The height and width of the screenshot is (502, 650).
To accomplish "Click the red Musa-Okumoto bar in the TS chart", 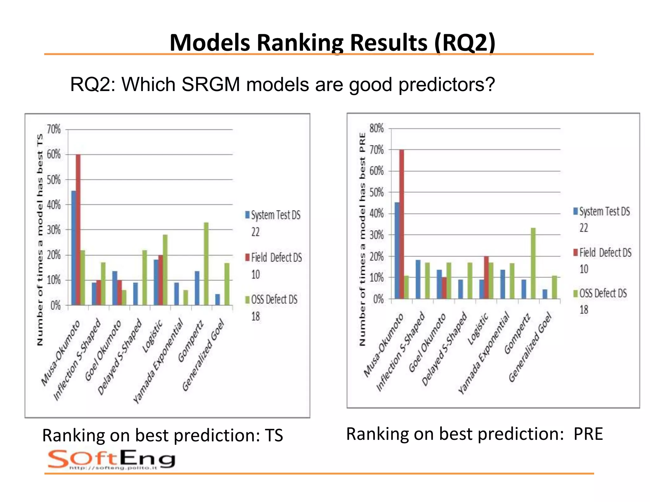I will point(78,230).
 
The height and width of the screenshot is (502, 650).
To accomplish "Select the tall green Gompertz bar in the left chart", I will point(206,264).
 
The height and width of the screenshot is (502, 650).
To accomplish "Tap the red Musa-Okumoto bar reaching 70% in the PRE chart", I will point(401,224).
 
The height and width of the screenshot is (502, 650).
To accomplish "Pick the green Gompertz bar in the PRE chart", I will point(533,263).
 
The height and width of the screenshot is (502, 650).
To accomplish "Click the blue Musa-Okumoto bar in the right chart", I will point(397,250).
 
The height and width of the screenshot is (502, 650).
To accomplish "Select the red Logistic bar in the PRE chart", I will point(486,277).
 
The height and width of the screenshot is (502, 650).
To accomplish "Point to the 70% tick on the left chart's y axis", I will point(54,129).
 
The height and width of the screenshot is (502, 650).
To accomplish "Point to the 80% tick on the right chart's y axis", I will point(376,129).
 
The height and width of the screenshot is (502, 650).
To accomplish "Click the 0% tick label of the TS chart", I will point(55,306).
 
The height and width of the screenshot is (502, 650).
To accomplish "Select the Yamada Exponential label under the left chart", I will point(158,361).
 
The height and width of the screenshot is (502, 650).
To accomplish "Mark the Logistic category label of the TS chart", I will point(152,336).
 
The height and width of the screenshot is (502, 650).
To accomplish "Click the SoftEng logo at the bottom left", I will point(111,459).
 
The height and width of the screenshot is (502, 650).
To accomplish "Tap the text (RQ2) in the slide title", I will point(464,42).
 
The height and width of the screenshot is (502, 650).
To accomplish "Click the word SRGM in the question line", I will point(211,85).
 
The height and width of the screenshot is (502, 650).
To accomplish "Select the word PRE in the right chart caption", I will point(588,434).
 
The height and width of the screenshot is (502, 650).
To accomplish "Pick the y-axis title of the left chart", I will point(40,240).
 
